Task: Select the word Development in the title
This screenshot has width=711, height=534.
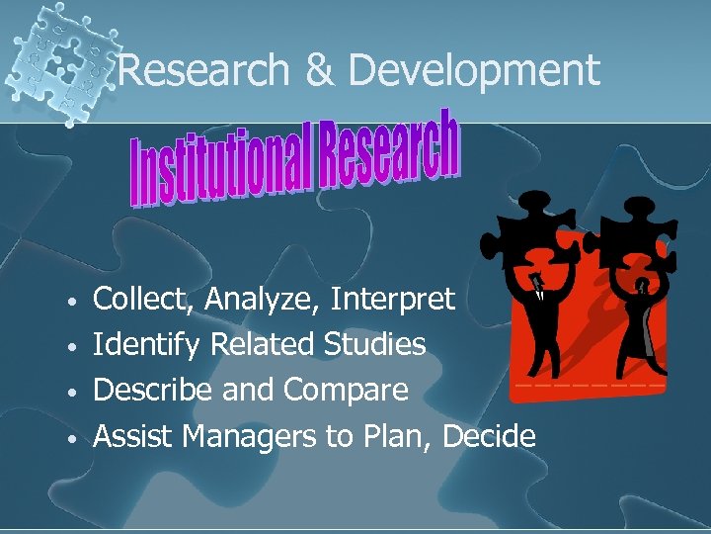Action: (474, 71)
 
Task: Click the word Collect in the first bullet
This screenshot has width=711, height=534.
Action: (133, 299)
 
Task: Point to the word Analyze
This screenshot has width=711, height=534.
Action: (252, 299)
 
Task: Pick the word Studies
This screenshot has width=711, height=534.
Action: (374, 345)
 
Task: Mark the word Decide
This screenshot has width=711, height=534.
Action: (490, 436)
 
